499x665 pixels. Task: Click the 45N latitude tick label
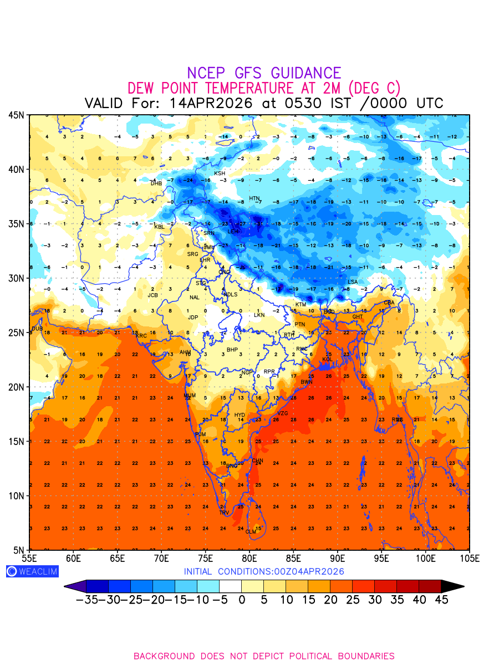[16, 115]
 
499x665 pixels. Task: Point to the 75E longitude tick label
[206, 557]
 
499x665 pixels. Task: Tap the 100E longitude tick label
[425, 557]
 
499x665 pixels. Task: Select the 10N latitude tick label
[16, 495]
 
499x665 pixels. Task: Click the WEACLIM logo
[32, 571]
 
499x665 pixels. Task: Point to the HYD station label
[240, 415]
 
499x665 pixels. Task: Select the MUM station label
[190, 396]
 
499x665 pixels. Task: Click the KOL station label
[327, 360]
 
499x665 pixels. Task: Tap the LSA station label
[353, 282]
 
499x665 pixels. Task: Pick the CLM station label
[251, 531]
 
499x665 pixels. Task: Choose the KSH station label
[220, 173]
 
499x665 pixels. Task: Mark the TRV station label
[224, 513]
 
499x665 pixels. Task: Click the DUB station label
[37, 329]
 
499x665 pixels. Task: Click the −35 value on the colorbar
[87, 600]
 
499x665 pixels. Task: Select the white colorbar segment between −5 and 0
[230, 586]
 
